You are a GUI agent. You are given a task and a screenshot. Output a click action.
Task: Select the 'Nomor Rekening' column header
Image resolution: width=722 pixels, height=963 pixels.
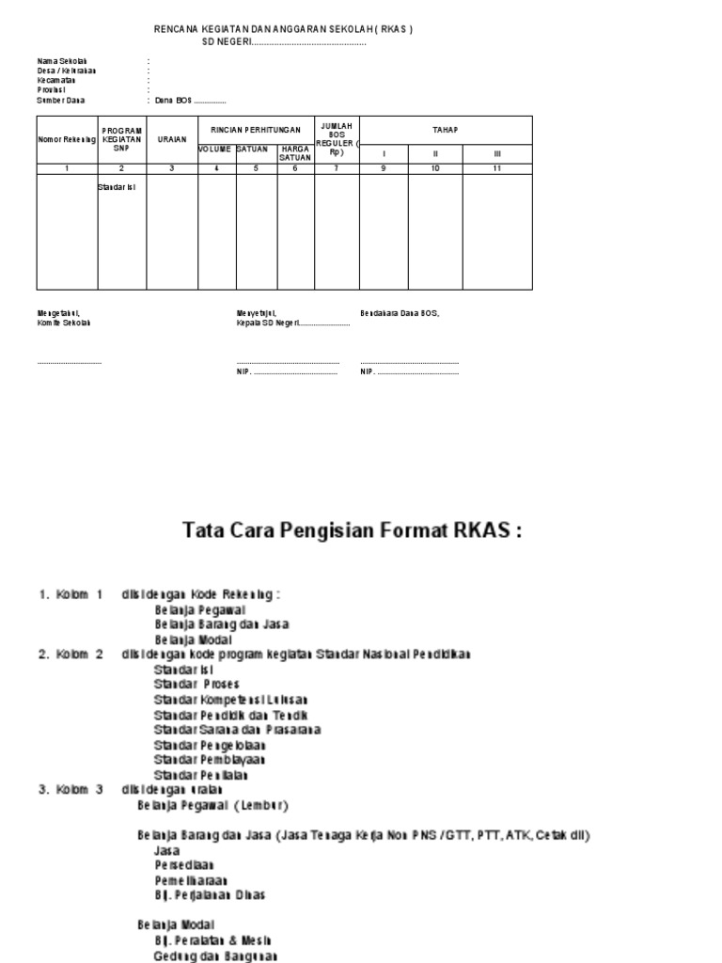(67, 140)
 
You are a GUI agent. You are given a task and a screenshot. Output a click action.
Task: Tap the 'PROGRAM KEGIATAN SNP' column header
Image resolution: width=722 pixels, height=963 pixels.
(121, 139)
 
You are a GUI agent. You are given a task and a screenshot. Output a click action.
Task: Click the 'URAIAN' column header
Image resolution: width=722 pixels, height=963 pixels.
(172, 140)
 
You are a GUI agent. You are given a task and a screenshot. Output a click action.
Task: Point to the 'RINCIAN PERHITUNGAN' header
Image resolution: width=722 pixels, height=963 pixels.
(256, 127)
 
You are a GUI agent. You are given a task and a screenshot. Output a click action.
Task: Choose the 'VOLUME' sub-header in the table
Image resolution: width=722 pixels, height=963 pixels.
(215, 150)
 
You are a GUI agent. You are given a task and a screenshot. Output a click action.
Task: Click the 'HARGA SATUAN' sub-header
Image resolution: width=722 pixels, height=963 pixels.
(295, 153)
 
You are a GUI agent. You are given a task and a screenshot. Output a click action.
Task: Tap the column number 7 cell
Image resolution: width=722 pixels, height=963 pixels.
(336, 168)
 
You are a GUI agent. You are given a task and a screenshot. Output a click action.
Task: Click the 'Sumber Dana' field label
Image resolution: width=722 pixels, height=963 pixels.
(61, 100)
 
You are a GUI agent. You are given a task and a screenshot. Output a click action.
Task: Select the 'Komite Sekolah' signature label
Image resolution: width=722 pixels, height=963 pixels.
(64, 323)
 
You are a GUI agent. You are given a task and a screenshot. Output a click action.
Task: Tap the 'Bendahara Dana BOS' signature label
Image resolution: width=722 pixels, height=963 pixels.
(400, 313)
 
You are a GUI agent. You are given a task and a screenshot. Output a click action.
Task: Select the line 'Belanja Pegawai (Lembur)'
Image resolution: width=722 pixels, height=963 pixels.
(212, 806)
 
